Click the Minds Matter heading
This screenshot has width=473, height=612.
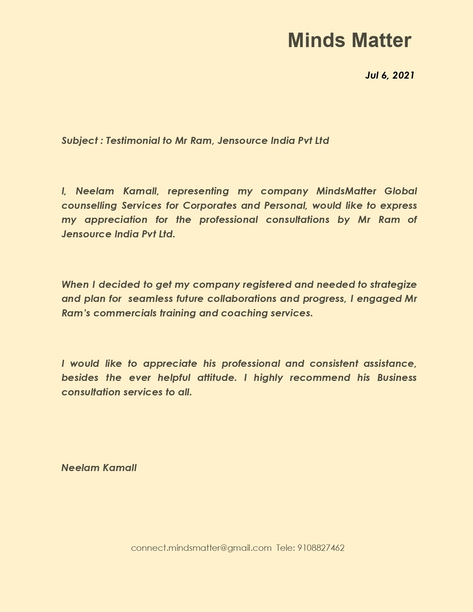(x=349, y=40)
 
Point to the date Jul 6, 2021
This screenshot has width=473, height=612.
(x=390, y=75)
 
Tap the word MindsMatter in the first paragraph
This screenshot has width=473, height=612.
(x=346, y=191)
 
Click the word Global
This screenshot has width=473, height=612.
(x=401, y=191)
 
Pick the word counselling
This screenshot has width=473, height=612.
(x=89, y=206)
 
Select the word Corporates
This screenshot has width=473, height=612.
(x=210, y=206)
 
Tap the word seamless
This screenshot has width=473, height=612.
(x=150, y=299)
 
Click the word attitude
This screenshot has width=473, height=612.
(x=217, y=378)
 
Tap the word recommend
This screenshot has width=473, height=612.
(x=320, y=378)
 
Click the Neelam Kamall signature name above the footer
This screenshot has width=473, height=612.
(x=99, y=468)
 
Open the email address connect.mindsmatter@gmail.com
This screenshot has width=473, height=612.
(x=201, y=548)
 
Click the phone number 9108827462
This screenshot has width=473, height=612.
(x=321, y=548)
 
